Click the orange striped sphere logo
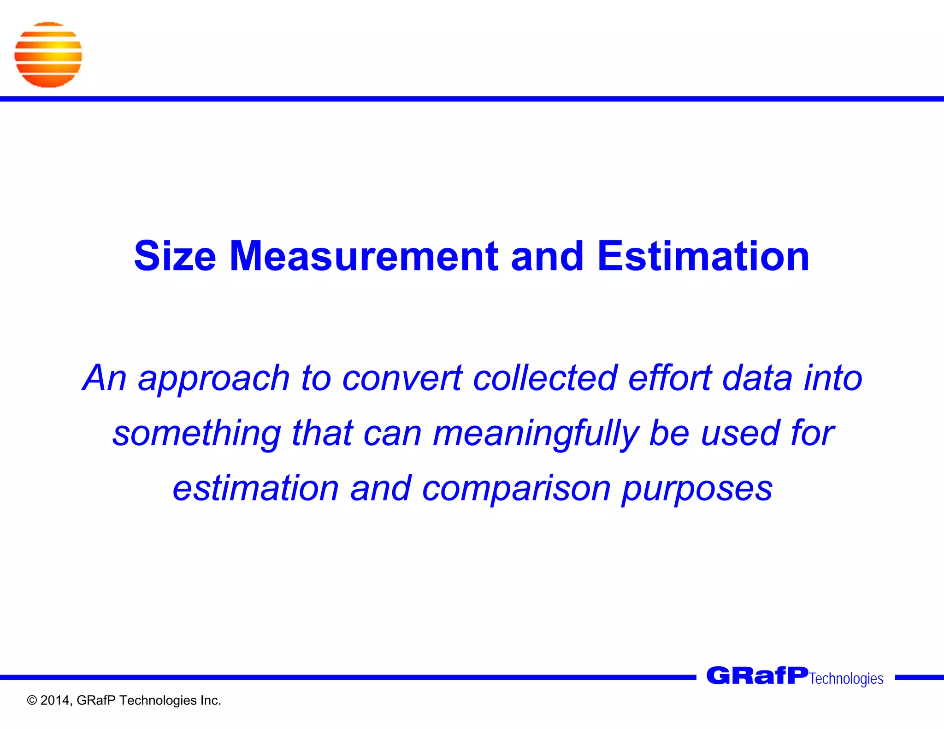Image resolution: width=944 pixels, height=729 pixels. [x=48, y=55]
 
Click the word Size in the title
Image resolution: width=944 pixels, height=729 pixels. [x=175, y=256]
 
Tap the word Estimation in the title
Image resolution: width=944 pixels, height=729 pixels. [x=703, y=256]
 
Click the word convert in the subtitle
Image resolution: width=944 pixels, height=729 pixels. [x=402, y=378]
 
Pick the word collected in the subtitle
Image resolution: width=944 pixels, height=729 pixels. [x=545, y=378]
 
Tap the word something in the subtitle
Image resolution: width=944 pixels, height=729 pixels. [x=197, y=434]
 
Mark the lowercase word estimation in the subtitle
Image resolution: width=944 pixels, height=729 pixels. [x=256, y=488]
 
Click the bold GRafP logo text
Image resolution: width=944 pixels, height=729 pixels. [x=757, y=676]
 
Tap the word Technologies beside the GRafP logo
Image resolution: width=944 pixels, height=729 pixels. [x=846, y=679]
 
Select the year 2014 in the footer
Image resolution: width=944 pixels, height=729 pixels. [x=55, y=700]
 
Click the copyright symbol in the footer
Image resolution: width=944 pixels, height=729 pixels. [x=32, y=701]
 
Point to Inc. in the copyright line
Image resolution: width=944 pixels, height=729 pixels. [x=210, y=700]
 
